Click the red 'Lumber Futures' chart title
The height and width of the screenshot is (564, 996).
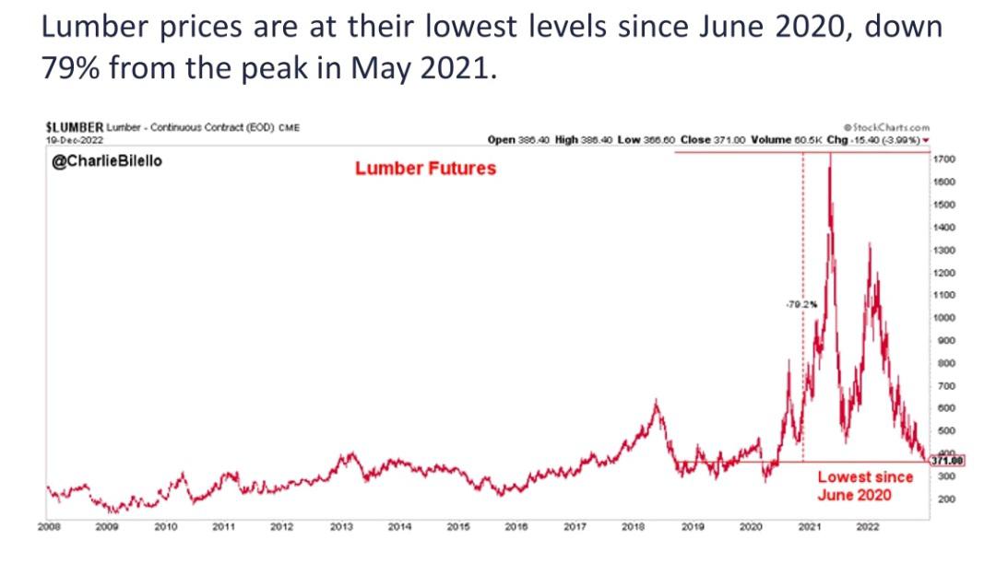point(425,168)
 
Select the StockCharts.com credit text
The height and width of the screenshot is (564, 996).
point(886,127)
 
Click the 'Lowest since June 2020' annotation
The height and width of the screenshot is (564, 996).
point(865,486)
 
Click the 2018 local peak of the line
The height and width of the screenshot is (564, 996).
point(656,401)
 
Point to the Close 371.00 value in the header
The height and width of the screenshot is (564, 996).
point(709,138)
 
